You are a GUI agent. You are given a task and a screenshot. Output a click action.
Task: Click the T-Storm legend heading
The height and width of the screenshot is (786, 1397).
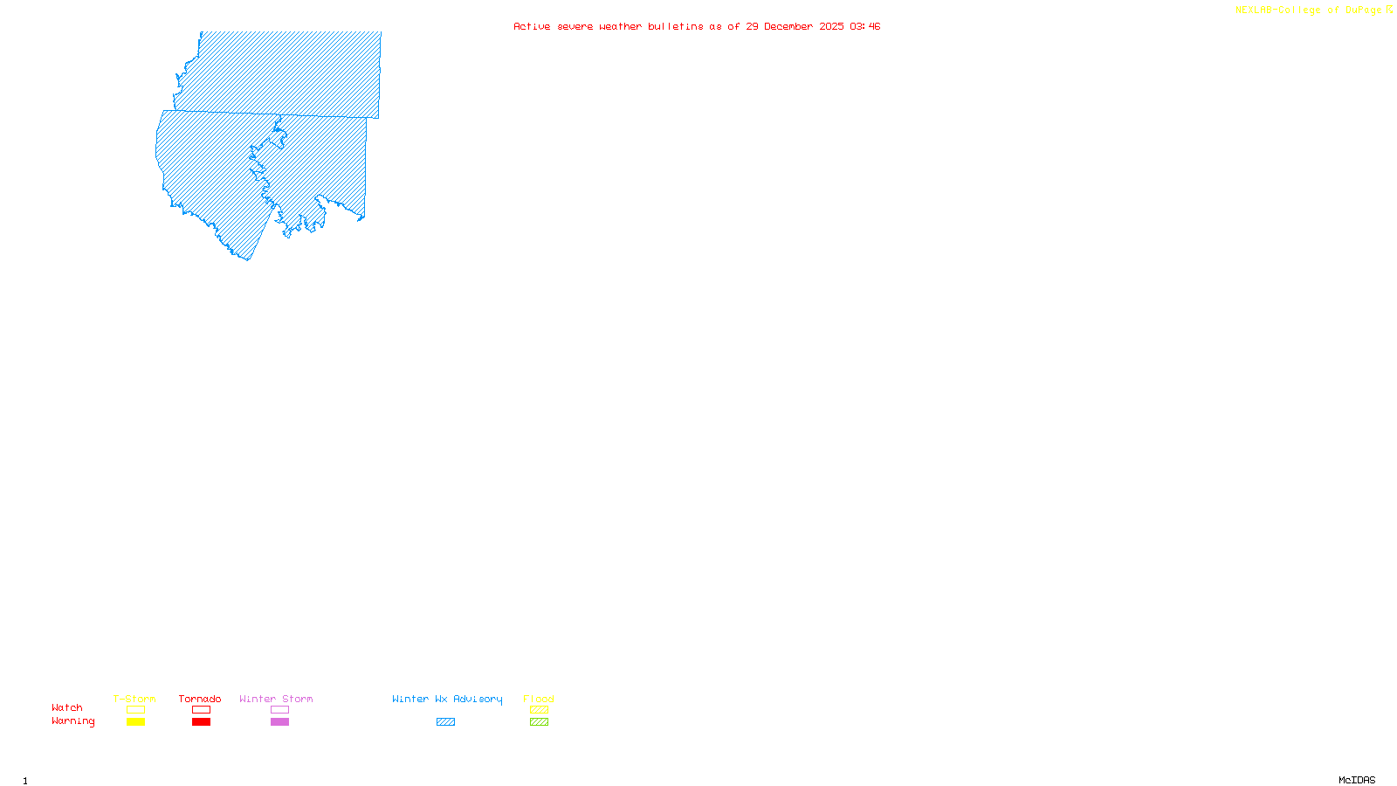coord(134,699)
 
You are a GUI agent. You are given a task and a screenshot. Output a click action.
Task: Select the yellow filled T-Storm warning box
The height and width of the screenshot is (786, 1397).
coord(135,722)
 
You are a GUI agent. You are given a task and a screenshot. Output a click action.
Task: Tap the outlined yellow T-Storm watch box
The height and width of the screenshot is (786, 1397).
coord(135,710)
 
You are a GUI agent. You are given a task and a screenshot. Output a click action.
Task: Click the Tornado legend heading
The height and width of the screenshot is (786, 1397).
coord(200,699)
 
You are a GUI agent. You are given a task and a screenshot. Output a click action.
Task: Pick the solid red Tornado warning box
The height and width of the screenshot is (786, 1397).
coord(201,722)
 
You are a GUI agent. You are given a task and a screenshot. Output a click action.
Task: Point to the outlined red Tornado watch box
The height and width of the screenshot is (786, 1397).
coord(201,710)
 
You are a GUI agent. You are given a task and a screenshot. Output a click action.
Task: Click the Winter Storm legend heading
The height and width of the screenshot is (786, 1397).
coord(276,699)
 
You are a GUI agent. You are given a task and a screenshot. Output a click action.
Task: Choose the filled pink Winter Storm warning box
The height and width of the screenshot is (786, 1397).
coord(279,722)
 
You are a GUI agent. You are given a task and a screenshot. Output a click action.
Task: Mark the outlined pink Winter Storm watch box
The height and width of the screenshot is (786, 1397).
coord(279,710)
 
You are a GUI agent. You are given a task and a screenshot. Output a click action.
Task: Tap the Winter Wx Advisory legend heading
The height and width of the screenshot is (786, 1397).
coord(447,699)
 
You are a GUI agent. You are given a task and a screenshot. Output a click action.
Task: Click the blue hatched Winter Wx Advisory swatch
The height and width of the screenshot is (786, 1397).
coord(445,722)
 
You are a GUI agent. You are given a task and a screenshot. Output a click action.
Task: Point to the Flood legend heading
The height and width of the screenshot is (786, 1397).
coord(539,699)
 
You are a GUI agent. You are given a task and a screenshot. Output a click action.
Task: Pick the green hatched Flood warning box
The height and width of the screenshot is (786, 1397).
coord(539,722)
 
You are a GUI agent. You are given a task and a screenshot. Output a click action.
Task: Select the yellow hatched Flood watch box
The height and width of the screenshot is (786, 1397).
coord(539,710)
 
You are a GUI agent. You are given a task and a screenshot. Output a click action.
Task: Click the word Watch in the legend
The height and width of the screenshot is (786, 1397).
coord(67,708)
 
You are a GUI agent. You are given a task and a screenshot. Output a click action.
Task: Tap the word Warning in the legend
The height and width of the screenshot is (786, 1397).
coord(72,721)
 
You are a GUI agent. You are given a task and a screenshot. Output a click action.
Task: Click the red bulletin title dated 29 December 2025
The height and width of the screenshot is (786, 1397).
coord(697,26)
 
